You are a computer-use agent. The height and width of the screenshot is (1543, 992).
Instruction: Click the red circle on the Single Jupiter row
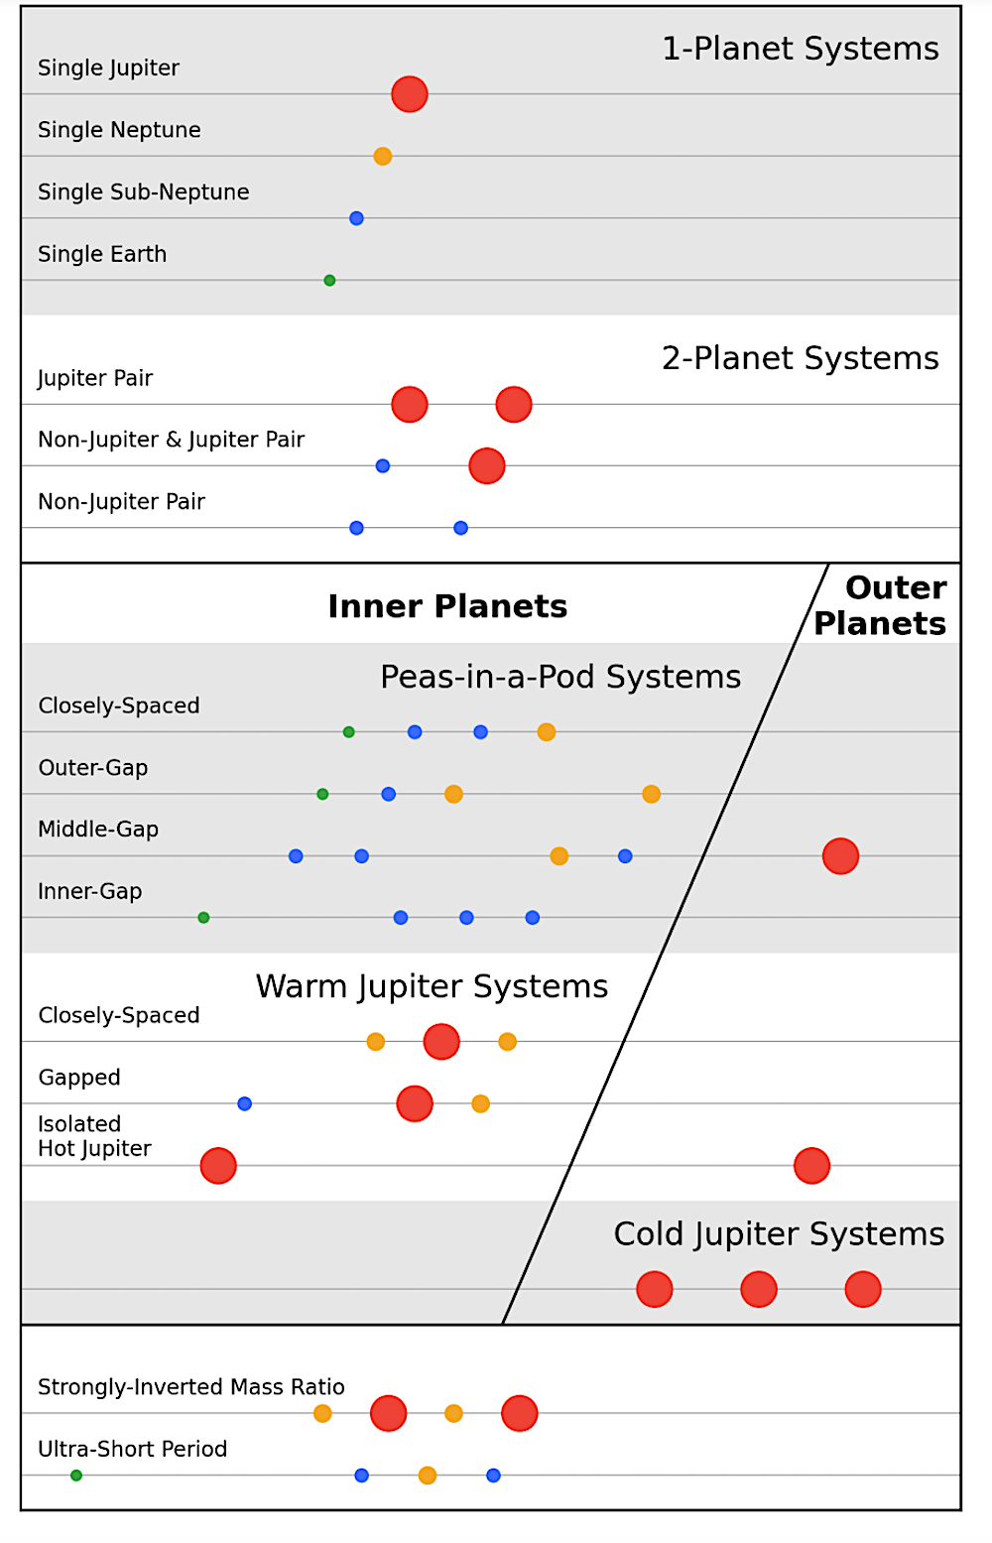tap(410, 94)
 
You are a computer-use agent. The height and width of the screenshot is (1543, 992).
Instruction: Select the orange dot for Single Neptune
tap(383, 157)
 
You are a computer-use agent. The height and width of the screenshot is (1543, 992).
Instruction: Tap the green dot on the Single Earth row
tap(329, 281)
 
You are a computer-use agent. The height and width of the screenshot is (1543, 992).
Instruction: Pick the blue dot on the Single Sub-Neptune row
tap(356, 218)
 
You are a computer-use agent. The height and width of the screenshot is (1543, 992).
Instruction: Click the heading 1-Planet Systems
tap(801, 49)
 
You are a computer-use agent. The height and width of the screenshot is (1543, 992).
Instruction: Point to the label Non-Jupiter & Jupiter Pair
tap(172, 440)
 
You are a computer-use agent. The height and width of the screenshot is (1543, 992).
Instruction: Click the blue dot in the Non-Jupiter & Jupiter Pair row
tap(383, 466)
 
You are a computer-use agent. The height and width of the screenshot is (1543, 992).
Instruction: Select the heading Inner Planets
tap(447, 606)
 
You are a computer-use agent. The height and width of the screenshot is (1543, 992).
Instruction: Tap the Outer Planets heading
tap(881, 605)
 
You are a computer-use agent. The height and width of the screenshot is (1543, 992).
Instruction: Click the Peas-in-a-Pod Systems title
tap(560, 677)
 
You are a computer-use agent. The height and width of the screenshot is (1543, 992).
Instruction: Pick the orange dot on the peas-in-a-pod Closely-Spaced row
tap(547, 732)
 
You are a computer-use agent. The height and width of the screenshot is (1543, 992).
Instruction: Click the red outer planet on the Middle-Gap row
tap(840, 856)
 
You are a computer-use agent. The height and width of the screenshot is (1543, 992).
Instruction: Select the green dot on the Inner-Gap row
tap(203, 918)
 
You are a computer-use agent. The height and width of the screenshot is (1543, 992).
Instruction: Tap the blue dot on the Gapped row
tap(244, 1103)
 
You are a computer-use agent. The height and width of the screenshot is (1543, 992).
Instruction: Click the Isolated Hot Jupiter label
tap(94, 1136)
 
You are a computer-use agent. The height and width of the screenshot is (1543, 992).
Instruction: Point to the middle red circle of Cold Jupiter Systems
tap(759, 1290)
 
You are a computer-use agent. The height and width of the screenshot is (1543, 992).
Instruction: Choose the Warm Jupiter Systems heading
tap(432, 986)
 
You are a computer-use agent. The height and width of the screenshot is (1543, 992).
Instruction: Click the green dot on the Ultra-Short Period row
tap(76, 1476)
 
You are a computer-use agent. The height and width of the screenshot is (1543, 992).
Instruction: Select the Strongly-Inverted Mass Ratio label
tap(191, 1386)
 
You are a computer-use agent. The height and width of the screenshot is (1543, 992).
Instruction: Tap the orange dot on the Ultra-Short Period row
tap(428, 1476)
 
